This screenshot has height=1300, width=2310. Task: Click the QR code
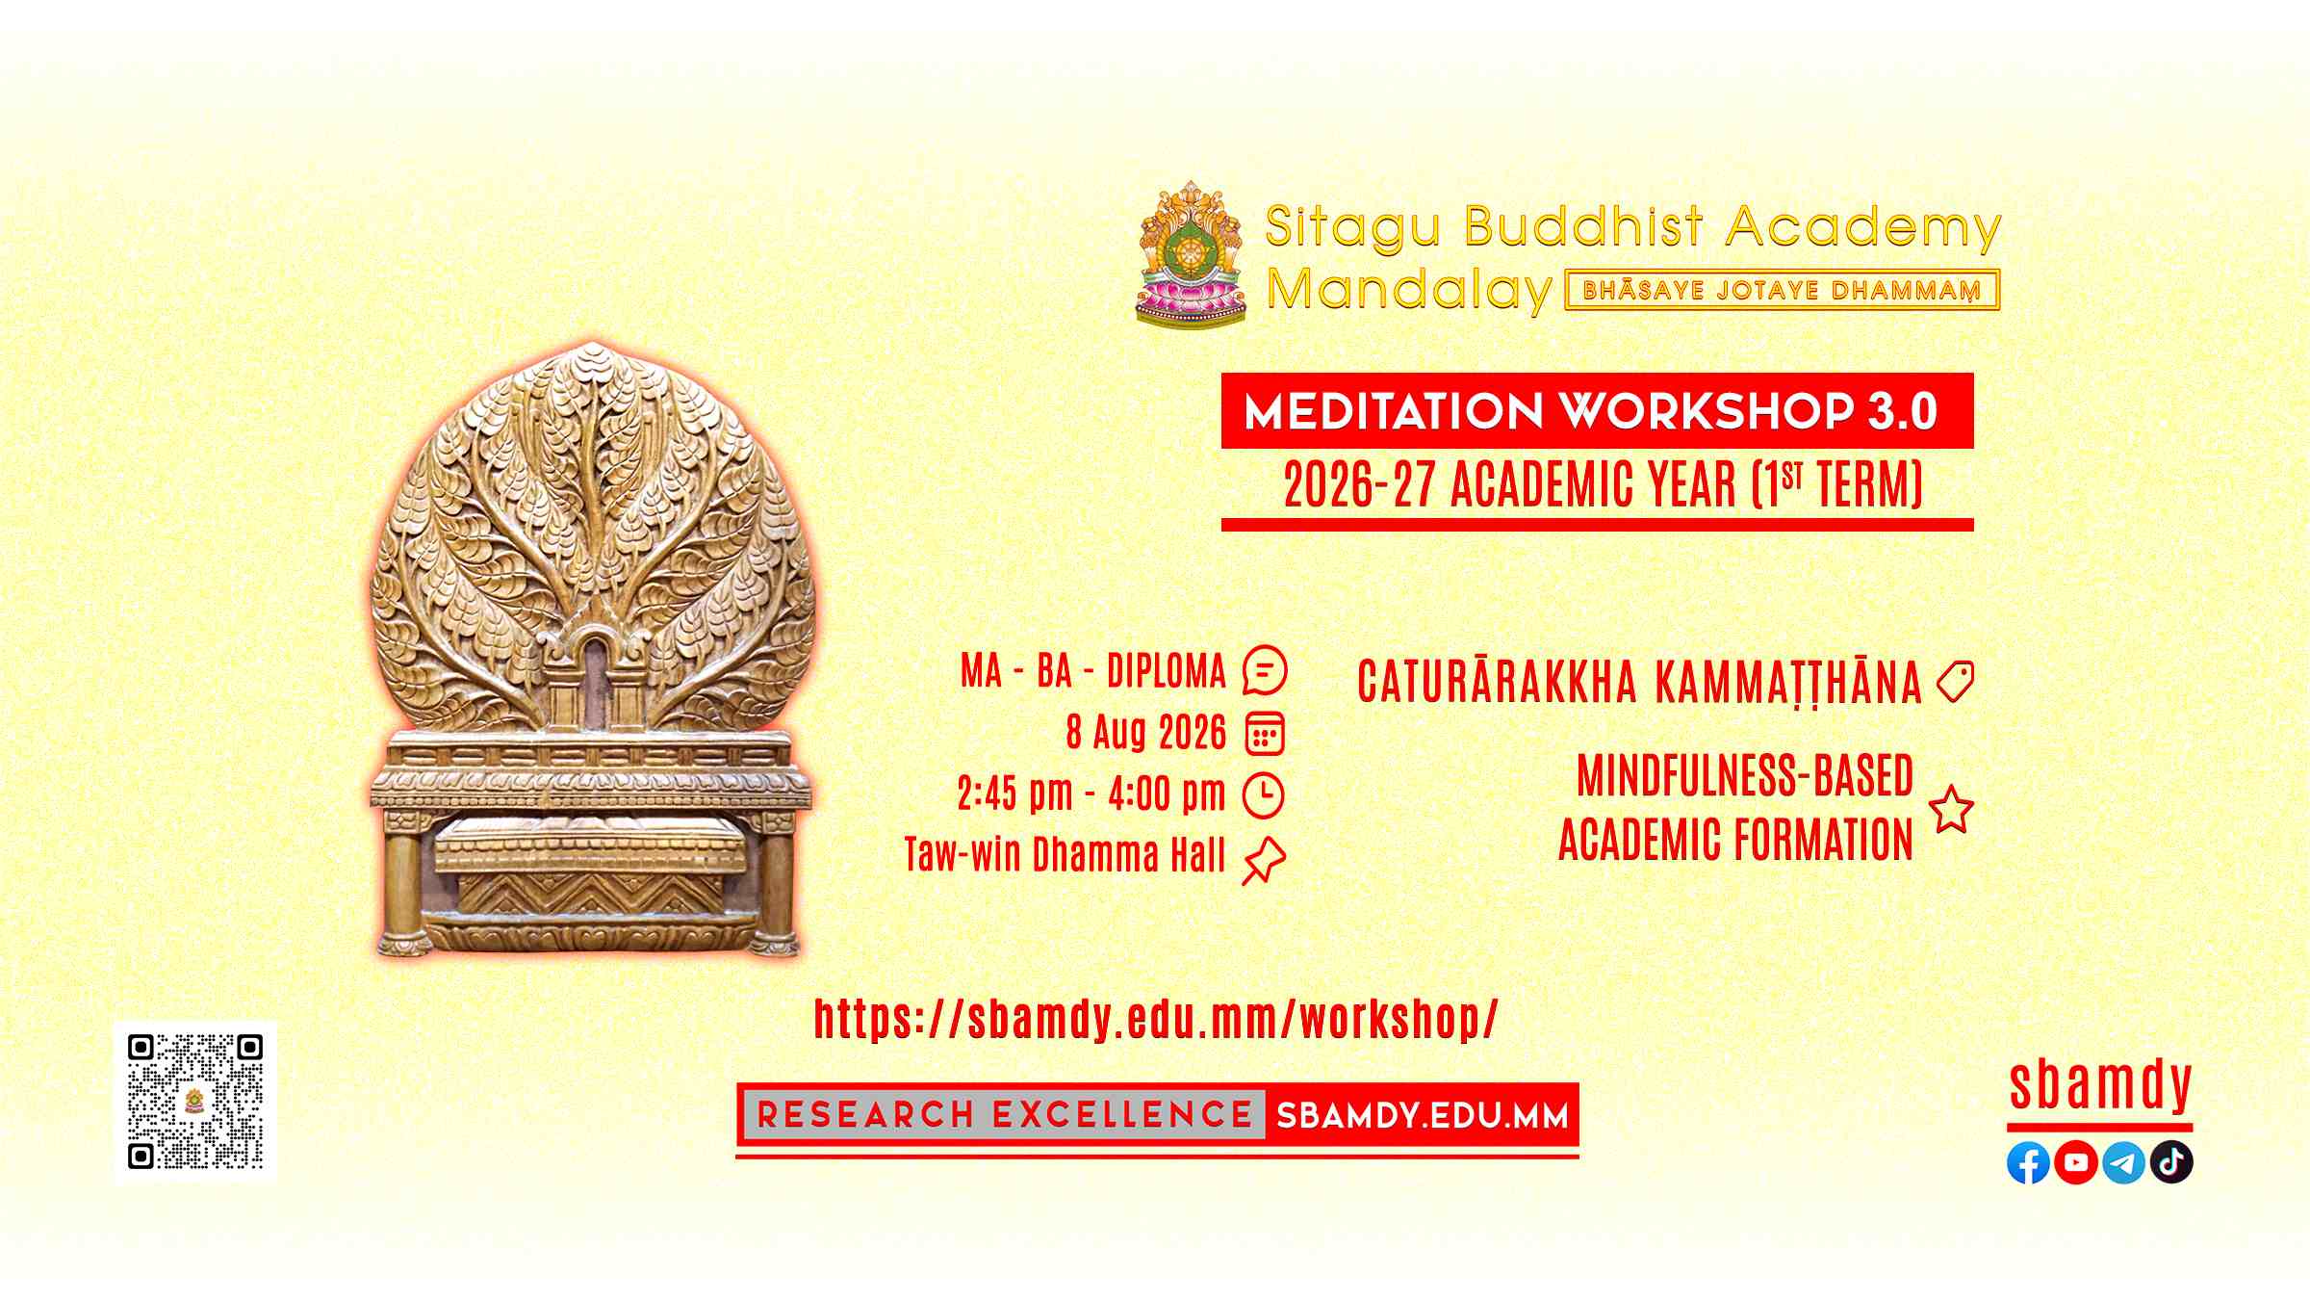(195, 1101)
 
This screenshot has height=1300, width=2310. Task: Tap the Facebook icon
(2028, 1162)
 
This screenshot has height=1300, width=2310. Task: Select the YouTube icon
(2076, 1162)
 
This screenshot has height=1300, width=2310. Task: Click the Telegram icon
(2123, 1162)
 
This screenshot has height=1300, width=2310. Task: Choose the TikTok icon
(2171, 1162)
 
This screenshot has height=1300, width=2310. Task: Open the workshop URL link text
(1156, 1019)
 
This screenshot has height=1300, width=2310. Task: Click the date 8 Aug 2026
(1145, 733)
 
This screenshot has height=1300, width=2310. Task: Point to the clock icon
(1264, 795)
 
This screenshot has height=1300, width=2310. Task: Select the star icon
(1952, 809)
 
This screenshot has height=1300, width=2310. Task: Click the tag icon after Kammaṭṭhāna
(1955, 682)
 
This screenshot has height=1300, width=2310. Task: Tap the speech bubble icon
(1265, 670)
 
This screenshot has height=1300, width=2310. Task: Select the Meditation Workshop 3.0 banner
(1597, 411)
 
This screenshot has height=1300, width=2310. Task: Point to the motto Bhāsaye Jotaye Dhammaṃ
(1783, 290)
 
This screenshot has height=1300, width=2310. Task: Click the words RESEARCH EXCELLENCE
(1004, 1115)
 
